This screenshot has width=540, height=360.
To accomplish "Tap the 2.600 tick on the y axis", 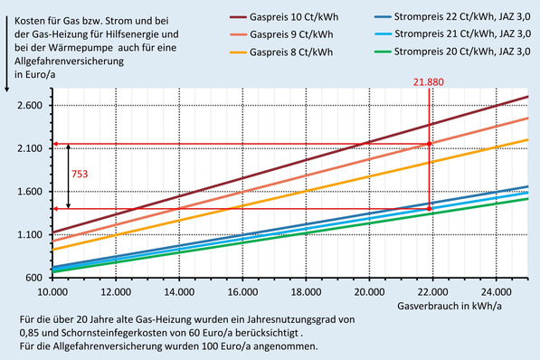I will pyautogui.click(x=30, y=106).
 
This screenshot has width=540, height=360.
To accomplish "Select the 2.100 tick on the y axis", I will pyautogui.click(x=30, y=148).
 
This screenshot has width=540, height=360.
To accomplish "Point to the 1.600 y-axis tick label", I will pyautogui.click(x=30, y=192).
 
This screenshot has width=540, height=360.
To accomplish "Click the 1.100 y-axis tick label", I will pyautogui.click(x=30, y=234).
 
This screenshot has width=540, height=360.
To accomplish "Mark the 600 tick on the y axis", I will pyautogui.click(x=34, y=277).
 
